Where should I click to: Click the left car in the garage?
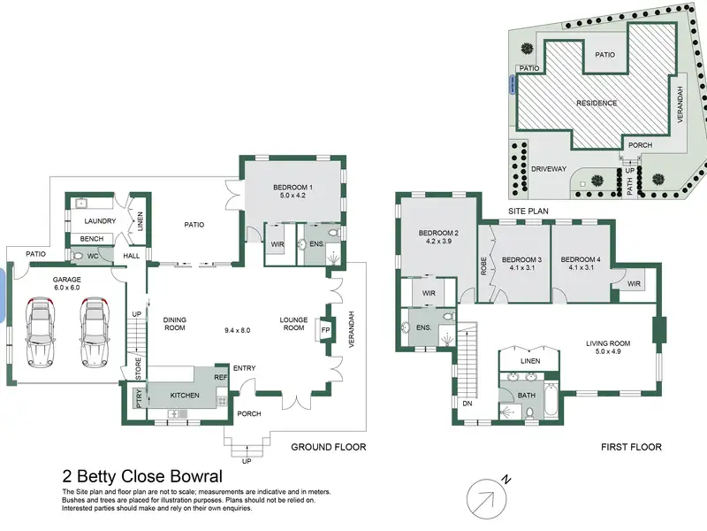point(40,332)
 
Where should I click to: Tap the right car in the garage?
point(95,332)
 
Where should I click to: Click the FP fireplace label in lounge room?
point(325,330)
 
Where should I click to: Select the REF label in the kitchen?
point(220,377)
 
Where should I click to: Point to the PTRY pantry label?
point(139,399)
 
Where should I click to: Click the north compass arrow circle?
point(487,499)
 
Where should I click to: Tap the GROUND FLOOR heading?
point(328,447)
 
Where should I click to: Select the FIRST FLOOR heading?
point(631,447)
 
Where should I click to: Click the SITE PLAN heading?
point(528,211)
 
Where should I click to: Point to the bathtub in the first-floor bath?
point(551,400)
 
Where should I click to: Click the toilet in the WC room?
point(77,256)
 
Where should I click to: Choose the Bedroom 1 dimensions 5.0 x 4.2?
point(293,196)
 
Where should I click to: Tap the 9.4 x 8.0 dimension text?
point(237,330)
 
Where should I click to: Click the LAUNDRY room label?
point(100,220)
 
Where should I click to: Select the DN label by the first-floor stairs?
point(468,404)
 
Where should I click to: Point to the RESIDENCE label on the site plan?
point(597,103)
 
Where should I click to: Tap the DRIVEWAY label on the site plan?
point(549,169)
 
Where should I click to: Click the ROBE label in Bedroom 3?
point(483,266)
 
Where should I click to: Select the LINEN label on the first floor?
point(530,361)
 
